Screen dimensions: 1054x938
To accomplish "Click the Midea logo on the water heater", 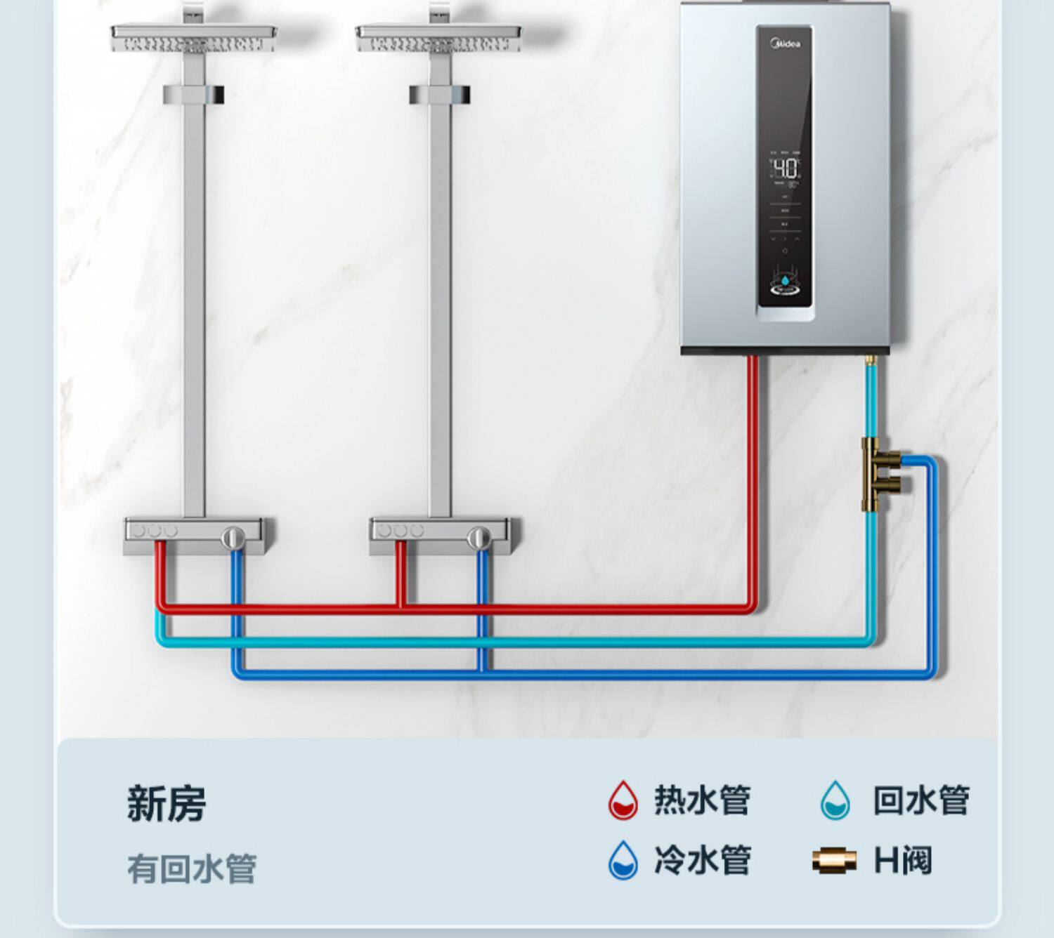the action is (786, 44).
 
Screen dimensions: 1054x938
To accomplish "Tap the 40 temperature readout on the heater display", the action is (786, 169).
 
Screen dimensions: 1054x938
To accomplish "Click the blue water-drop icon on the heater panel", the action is (785, 281).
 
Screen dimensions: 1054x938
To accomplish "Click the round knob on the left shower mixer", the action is (233, 538).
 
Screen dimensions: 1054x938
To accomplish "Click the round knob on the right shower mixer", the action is (479, 538).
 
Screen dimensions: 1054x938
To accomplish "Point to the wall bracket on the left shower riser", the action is (194, 94).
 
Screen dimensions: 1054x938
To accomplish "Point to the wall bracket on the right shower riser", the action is (440, 94).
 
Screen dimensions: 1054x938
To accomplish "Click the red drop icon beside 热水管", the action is (623, 800).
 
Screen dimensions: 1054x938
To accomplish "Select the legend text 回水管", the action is (920, 800).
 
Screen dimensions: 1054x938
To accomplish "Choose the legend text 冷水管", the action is (702, 860).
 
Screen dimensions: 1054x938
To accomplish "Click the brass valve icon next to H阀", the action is (834, 860).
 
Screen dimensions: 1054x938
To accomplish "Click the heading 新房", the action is (167, 803).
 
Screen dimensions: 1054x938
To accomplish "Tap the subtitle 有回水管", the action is (192, 868).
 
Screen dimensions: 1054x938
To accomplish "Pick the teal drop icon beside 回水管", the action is (835, 800).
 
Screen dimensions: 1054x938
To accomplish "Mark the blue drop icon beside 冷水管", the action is (623, 860).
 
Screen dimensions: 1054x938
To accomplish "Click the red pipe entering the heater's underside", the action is (752, 372).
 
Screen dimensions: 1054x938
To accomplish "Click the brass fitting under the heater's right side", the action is (871, 362).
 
